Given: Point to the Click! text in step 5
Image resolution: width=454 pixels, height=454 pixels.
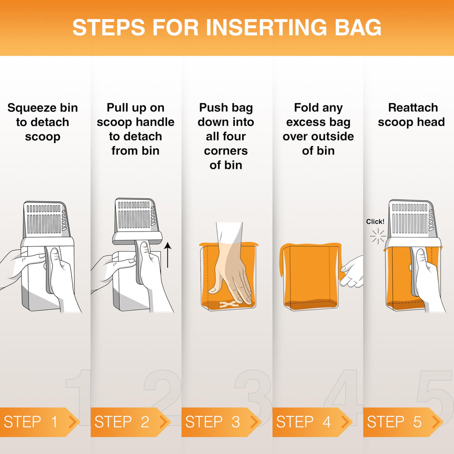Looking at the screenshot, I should (x=375, y=222).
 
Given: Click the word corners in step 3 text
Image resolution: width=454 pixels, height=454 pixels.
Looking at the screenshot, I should (x=226, y=151).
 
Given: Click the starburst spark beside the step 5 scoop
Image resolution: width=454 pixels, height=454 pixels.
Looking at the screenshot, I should (x=378, y=236).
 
